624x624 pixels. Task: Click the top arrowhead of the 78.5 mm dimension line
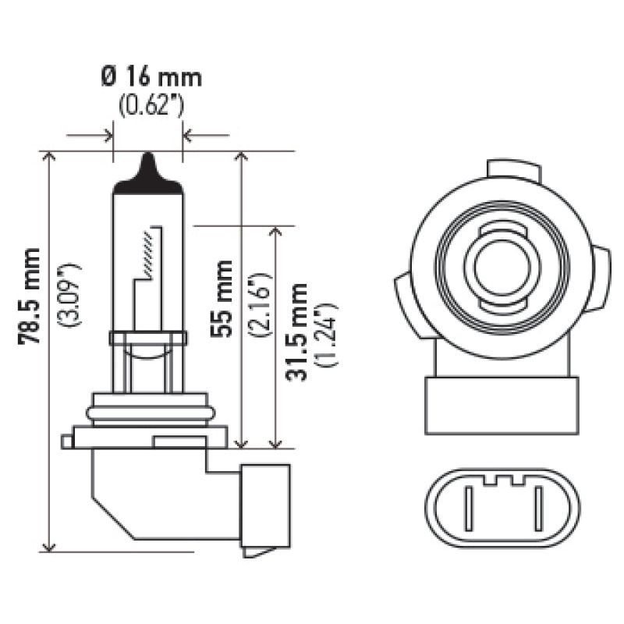[x=51, y=157]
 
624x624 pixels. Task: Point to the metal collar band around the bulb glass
[x=148, y=339]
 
